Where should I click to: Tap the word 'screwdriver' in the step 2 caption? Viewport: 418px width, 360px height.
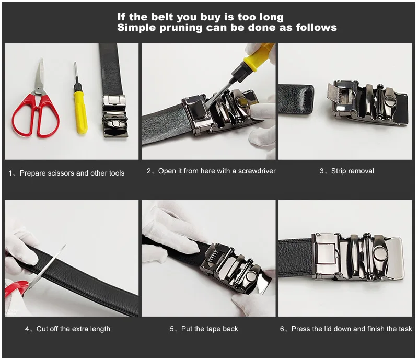(256, 171)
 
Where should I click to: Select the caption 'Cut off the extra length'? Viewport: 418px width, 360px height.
(73, 329)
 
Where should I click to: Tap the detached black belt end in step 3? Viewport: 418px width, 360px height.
(295, 100)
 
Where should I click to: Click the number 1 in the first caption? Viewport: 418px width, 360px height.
(11, 173)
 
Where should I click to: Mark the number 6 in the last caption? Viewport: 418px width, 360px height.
(283, 329)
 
